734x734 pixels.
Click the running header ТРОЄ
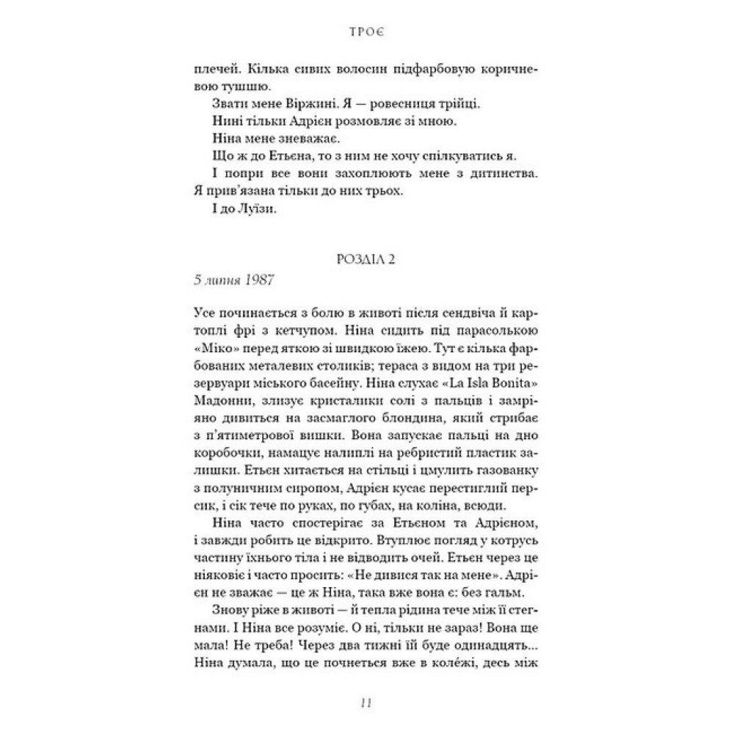pos(366,32)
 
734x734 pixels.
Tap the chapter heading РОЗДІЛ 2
pos(366,262)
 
